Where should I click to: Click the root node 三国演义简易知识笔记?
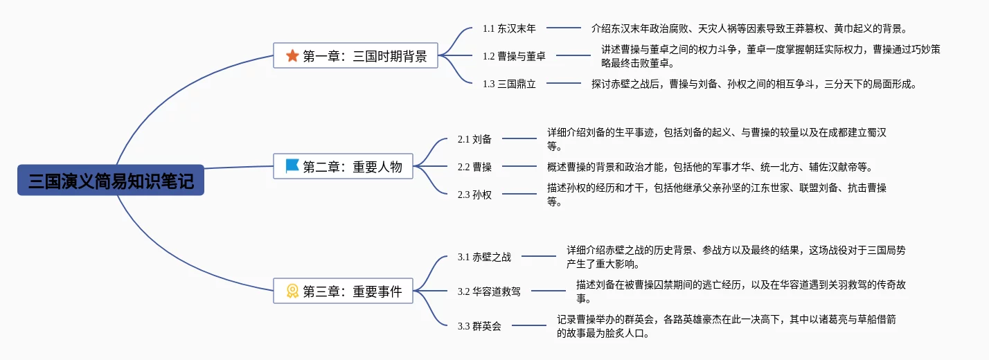coord(111,180)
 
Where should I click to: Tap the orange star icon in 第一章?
coord(292,56)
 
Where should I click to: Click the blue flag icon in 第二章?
coord(292,166)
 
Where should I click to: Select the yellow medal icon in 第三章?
coord(292,291)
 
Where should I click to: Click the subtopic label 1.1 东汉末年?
coord(509,28)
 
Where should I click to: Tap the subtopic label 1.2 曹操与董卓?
coord(514,56)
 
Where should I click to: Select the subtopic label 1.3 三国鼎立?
coord(509,84)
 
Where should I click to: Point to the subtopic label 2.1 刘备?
coord(474,139)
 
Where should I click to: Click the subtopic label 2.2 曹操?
coord(474,167)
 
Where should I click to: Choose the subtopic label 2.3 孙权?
coord(474,195)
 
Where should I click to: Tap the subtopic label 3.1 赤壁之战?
coord(484,257)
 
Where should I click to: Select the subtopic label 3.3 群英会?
coord(479,326)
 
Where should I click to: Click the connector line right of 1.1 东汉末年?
coord(564,28)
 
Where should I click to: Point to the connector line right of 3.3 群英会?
coord(529,325)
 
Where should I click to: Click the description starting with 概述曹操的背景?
coord(710,167)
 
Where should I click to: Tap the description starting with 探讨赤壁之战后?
coord(754,84)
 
